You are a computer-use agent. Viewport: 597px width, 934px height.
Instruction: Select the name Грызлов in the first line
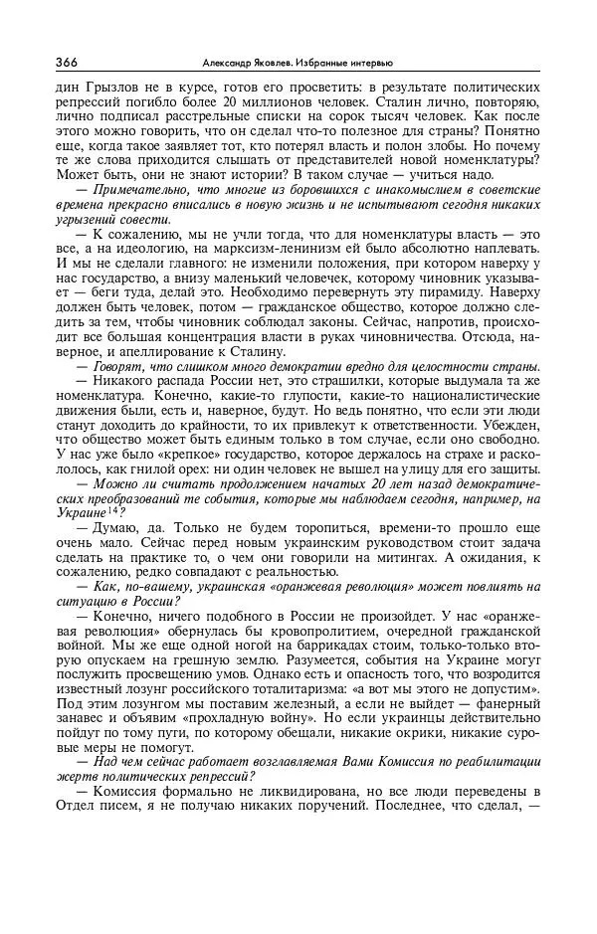point(95,88)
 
